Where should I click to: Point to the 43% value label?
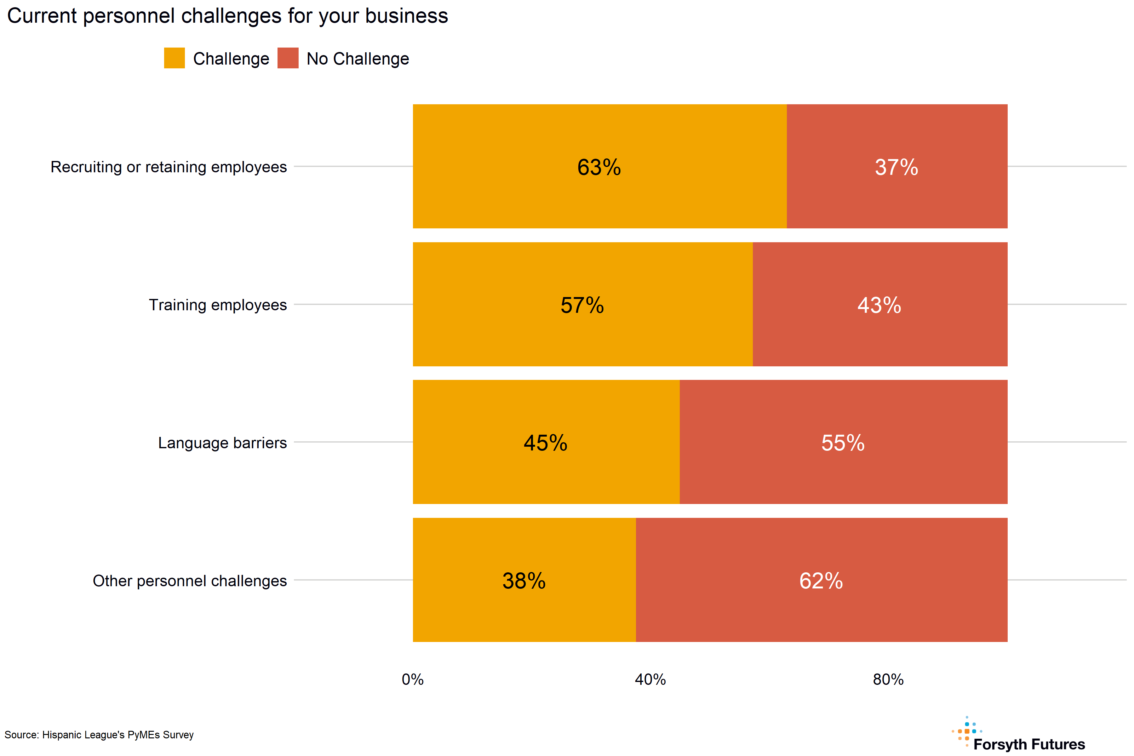[x=879, y=305]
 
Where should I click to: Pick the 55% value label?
[x=843, y=443]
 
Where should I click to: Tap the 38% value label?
[x=524, y=581]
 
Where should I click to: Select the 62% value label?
[x=821, y=581]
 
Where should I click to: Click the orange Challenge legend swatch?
[x=174, y=58]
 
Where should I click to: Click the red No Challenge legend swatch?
[x=288, y=58]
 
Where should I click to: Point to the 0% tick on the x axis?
[x=413, y=679]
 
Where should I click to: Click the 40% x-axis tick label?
[x=650, y=679]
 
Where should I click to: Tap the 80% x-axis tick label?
[x=888, y=679]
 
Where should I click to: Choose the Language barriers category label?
[x=222, y=443]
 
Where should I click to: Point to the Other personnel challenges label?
[x=190, y=581]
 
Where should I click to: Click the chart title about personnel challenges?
[x=227, y=16]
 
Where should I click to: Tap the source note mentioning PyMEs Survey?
[x=99, y=735]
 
